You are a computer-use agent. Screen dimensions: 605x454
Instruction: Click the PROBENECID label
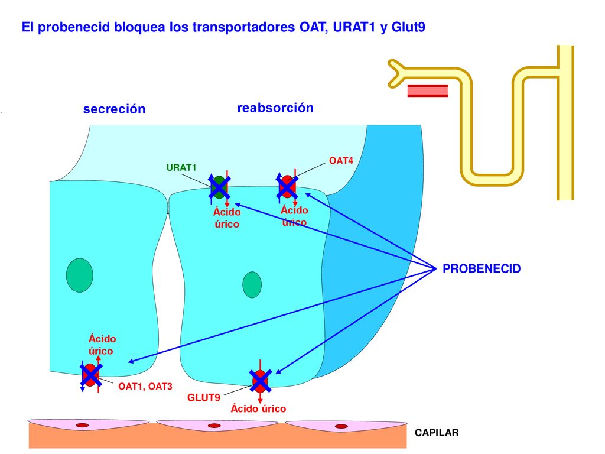[482, 268]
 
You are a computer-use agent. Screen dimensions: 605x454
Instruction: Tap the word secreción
[114, 109]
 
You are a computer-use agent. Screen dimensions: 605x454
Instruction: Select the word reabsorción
[275, 108]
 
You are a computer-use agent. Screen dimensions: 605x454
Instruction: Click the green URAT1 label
[181, 167]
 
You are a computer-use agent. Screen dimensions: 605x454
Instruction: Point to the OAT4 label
[341, 161]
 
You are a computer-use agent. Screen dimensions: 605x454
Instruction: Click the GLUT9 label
[203, 397]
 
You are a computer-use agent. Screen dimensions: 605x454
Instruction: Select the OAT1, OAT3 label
[145, 386]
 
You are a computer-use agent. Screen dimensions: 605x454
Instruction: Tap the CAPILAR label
[437, 432]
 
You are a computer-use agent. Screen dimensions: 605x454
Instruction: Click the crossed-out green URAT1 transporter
[219, 187]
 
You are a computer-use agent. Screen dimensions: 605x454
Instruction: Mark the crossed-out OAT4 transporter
[287, 187]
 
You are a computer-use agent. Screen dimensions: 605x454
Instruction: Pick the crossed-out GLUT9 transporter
[261, 381]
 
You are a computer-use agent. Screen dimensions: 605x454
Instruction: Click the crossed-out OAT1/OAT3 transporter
[90, 375]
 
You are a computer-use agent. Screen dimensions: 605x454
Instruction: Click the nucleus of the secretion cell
[80, 275]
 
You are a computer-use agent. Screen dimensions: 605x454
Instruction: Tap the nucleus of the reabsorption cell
[252, 285]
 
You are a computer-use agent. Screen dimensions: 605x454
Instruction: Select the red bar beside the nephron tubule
[428, 90]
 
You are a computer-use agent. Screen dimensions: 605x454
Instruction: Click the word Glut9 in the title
[408, 27]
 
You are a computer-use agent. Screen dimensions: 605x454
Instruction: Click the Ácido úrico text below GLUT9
[258, 408]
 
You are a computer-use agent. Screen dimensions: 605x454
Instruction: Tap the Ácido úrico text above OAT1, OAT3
[101, 345]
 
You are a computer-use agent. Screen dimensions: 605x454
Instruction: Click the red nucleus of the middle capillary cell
[214, 426]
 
